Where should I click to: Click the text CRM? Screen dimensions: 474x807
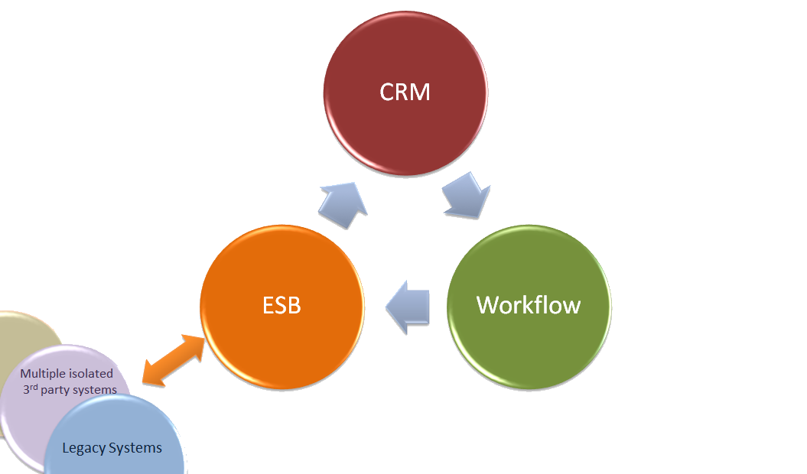pyautogui.click(x=405, y=93)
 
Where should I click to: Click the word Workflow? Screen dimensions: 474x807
pyautogui.click(x=529, y=305)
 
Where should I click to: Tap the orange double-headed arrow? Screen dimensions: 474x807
pyautogui.click(x=174, y=359)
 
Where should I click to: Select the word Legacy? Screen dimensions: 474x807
pyautogui.click(x=83, y=448)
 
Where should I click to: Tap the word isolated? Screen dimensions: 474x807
pyautogui.click(x=93, y=374)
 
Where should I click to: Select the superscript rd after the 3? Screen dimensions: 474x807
pyautogui.click(x=34, y=386)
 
